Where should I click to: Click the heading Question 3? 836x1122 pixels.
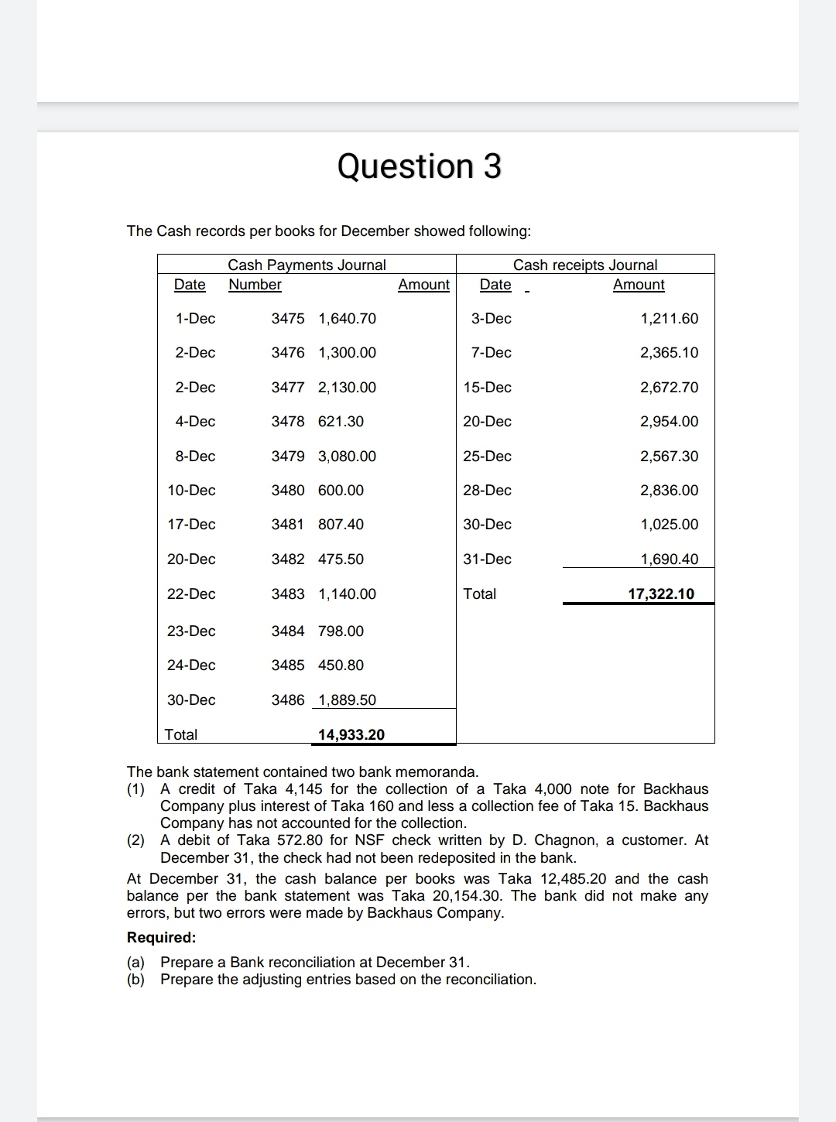(420, 166)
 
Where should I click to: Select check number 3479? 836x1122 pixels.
(288, 456)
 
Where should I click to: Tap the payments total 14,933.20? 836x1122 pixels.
(351, 734)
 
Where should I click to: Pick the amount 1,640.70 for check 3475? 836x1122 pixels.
(347, 318)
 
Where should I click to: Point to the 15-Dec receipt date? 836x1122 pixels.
(487, 387)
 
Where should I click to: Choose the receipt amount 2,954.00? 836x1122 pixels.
(669, 421)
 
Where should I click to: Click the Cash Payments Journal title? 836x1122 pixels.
(307, 265)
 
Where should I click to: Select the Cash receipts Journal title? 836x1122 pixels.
(584, 265)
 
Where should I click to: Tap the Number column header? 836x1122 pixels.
(255, 284)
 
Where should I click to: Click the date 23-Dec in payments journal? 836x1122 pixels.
(191, 631)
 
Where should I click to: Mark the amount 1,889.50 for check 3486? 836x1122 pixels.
(347, 700)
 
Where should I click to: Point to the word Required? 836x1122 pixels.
(161, 937)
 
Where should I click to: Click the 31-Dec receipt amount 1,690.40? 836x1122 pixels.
(669, 559)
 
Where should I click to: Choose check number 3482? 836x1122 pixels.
(288, 559)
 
